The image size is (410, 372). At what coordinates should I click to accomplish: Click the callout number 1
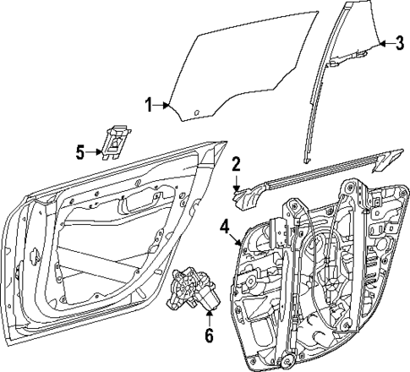point(148,105)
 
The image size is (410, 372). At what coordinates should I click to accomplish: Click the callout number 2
point(238,163)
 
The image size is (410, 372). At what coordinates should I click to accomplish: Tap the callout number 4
point(224,226)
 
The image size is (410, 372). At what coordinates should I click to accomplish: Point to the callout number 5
point(79,152)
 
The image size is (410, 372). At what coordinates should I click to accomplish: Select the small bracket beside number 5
point(114,141)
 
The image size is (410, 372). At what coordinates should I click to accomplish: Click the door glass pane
point(245,68)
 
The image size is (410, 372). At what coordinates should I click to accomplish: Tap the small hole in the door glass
point(195,112)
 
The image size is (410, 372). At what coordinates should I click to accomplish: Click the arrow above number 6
point(208,317)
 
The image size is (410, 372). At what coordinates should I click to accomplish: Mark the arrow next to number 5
point(94,152)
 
